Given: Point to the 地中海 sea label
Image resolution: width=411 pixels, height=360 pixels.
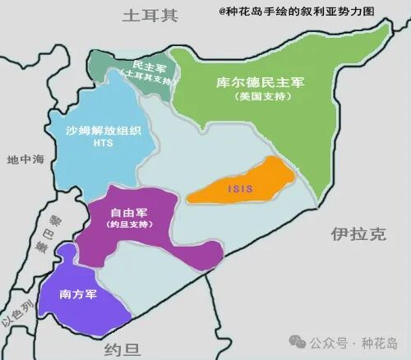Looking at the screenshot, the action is tap(25, 159).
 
